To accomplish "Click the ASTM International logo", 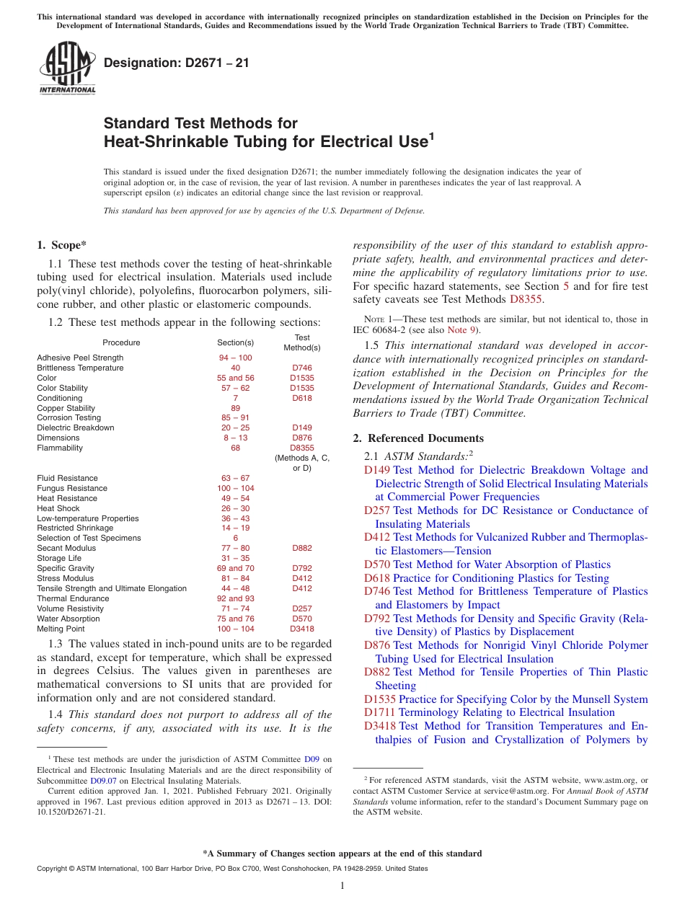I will pos(67,68).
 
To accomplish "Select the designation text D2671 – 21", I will pos(177,63).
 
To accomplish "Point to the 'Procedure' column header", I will pos(121,342).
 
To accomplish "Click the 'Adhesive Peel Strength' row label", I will pos(80,358).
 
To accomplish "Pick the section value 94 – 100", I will pos(235,358).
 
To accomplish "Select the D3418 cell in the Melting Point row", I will pos(302,629).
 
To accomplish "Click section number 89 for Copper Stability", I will pos(235,408).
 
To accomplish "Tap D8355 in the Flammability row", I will pos(302,448).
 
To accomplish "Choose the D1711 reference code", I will pos(379,712).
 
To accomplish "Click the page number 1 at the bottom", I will pos(342,886).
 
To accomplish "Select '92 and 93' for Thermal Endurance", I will pos(235,598).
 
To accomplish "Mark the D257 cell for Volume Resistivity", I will pos(302,608).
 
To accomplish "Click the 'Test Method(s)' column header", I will pos(302,342).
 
